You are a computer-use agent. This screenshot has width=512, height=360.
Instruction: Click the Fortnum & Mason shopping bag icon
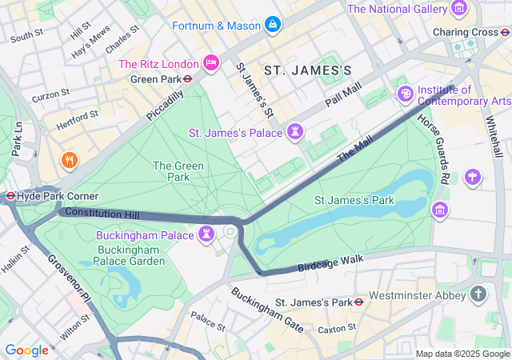click(273, 25)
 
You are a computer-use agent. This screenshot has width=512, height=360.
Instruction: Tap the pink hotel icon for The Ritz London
click(211, 62)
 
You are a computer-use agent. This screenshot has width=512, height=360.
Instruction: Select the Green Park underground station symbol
click(186, 79)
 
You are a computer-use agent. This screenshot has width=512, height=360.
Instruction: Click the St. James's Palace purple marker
click(297, 131)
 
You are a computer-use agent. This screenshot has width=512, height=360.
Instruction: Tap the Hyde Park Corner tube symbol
click(10, 195)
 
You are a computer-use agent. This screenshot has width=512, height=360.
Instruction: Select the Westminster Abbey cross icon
click(478, 294)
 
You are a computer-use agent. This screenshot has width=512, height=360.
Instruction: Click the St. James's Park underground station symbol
click(359, 302)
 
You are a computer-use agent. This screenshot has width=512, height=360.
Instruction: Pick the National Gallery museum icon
click(459, 9)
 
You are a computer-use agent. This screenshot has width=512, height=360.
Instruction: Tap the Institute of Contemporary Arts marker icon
click(406, 95)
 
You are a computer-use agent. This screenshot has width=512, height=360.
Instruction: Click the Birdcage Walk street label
click(330, 262)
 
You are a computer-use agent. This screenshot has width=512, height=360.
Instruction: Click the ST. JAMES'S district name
click(308, 70)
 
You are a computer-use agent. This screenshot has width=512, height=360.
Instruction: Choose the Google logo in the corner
click(26, 350)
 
